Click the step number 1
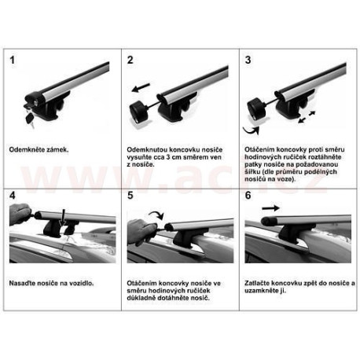pyautogui.click(x=12, y=60)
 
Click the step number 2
pyautogui.click(x=130, y=60)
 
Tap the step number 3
pyautogui.click(x=248, y=60)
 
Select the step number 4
pyautogui.click(x=13, y=196)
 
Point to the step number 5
pyautogui.click(x=130, y=196)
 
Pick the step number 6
pyautogui.click(x=248, y=196)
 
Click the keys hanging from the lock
pyautogui.click(x=30, y=119)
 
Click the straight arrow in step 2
pyautogui.click(x=141, y=88)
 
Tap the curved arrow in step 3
pyautogui.click(x=251, y=130)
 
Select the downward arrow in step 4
pyautogui.click(x=62, y=218)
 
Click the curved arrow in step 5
pyautogui.click(x=156, y=215)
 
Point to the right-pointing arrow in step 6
pyautogui.click(x=271, y=208)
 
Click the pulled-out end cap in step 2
pyautogui.click(x=139, y=112)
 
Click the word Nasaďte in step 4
pyautogui.click(x=20, y=283)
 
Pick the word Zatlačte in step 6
pyautogui.click(x=257, y=283)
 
